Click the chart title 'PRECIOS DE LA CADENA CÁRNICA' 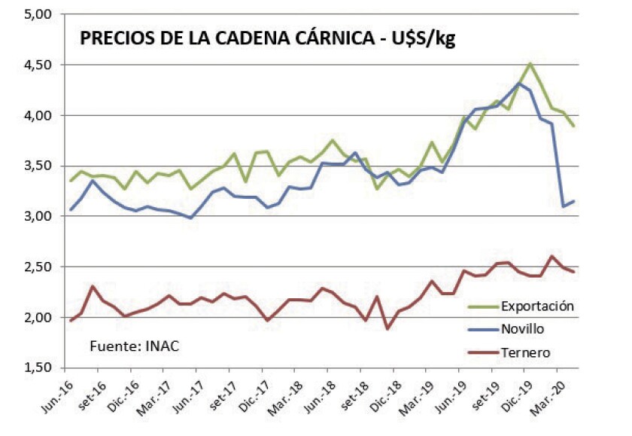tap(226, 39)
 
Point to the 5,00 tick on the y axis tap(36, 14)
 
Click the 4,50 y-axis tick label tap(36, 65)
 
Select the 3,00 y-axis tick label tap(36, 216)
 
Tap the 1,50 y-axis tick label tap(36, 367)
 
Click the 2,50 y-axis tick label tap(36, 267)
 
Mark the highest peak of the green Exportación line tap(530, 63)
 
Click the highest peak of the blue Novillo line tap(520, 83)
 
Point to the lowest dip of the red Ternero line tap(387, 328)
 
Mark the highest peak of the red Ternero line tap(553, 256)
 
